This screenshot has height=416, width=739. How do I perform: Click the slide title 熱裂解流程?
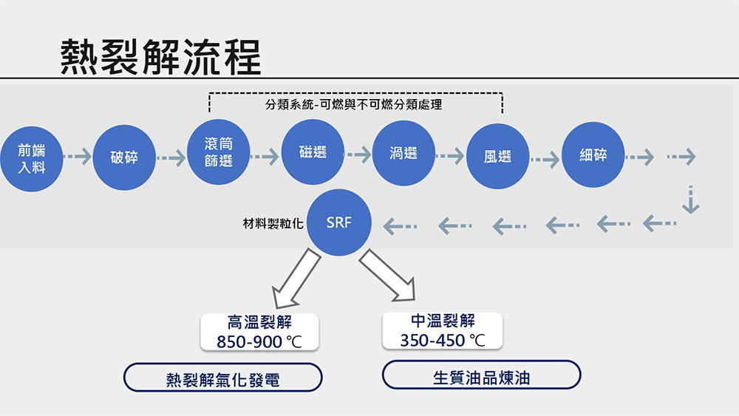[160, 57]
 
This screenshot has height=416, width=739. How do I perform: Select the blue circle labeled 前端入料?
[32, 159]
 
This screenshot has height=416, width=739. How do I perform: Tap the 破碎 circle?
[124, 157]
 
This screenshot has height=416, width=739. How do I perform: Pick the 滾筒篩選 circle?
[219, 151]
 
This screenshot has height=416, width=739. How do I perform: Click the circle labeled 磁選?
[313, 151]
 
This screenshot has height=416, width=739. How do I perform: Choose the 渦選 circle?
[403, 153]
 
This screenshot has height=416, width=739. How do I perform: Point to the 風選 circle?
[497, 157]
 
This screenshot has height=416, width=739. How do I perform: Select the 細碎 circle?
[593, 154]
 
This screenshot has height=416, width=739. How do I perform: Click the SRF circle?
[339, 222]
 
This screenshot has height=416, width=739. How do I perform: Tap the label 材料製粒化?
[273, 223]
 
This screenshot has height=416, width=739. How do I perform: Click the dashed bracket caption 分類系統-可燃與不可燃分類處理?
[353, 105]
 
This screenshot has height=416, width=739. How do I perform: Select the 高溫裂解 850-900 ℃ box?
[259, 333]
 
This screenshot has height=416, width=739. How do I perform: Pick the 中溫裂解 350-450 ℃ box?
[443, 331]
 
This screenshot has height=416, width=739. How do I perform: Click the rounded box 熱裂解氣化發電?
[223, 378]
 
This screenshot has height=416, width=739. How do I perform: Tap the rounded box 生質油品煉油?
[482, 375]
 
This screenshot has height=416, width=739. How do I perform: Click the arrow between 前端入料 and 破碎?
[78, 157]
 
